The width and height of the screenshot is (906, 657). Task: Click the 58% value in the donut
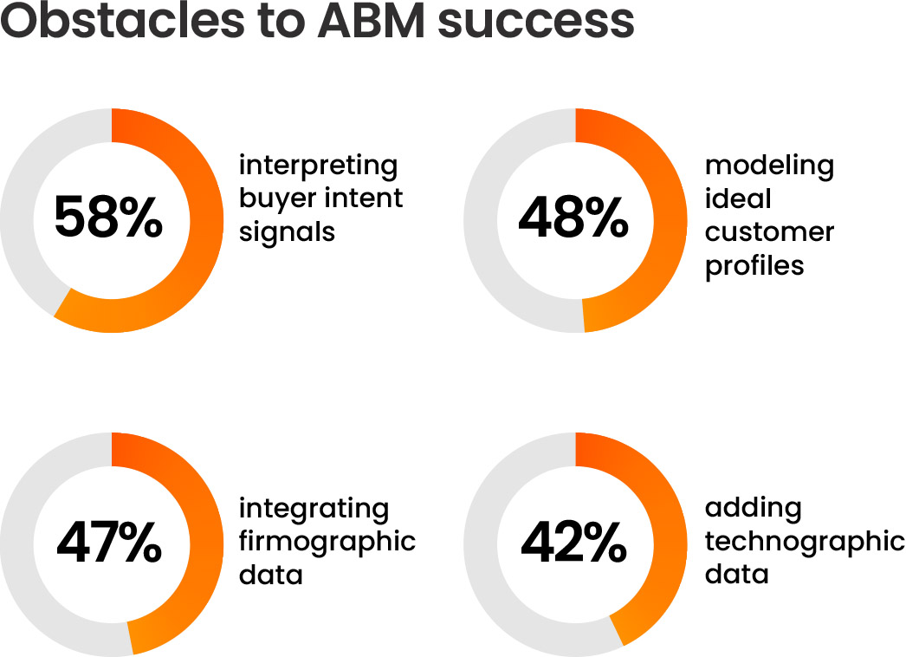(108, 217)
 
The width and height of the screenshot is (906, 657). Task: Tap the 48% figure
(573, 217)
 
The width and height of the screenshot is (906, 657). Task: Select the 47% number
(109, 542)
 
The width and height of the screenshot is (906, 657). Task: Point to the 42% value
(573, 542)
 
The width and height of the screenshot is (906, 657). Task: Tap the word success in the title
(536, 23)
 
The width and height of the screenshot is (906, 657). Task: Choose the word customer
(770, 232)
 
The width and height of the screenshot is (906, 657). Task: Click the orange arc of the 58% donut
(206, 220)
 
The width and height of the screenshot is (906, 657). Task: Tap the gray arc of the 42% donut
(481, 544)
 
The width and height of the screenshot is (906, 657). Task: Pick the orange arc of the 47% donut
(206, 544)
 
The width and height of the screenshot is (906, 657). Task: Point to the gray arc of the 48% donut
(481, 220)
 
